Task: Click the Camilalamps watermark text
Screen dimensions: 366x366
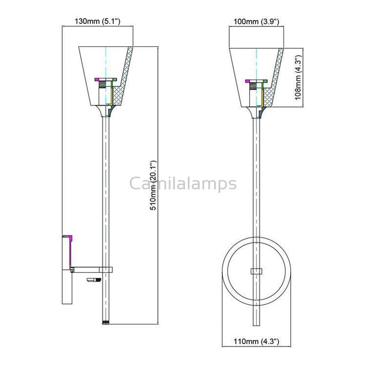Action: [x=183, y=184]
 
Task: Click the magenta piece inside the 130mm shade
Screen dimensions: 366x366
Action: [x=97, y=79]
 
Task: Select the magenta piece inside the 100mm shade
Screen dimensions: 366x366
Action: [x=248, y=80]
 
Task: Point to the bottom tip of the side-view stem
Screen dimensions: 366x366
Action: [x=106, y=322]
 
